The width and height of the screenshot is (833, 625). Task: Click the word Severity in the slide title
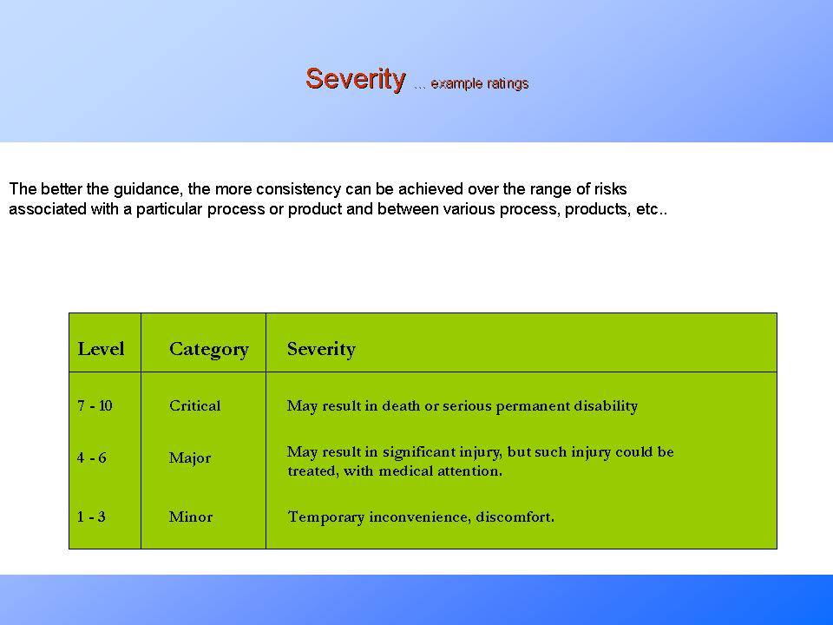(x=355, y=79)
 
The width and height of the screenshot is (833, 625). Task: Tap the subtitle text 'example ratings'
(x=479, y=84)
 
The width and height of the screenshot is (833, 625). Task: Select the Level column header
(x=101, y=349)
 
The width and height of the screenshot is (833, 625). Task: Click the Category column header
(x=208, y=349)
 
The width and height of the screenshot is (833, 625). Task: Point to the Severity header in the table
(x=321, y=349)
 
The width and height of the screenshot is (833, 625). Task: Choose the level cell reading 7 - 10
(x=95, y=406)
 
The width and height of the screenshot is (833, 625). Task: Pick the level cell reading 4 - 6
(x=92, y=458)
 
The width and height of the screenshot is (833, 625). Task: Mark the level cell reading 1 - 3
(x=91, y=517)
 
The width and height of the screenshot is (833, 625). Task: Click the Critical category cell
(x=194, y=406)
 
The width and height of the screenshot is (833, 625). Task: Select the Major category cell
(x=189, y=458)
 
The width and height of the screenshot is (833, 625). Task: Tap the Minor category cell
(x=190, y=517)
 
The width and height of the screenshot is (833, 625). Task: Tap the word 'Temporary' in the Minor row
(x=326, y=517)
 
